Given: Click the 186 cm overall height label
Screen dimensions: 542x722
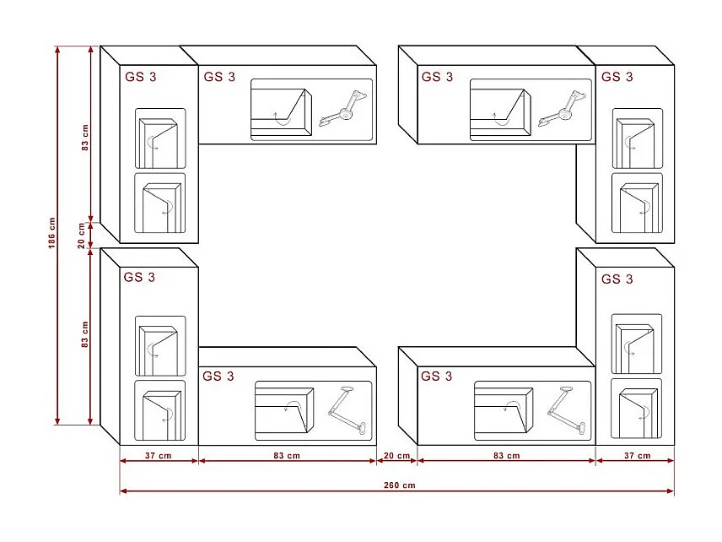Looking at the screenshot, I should (51, 234).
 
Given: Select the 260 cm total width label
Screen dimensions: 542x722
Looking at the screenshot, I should (399, 485).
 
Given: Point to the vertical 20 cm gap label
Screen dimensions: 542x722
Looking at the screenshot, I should (83, 235).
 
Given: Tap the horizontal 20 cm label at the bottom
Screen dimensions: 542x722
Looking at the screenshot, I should (397, 456).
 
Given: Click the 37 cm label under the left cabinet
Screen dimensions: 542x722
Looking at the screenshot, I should (158, 456).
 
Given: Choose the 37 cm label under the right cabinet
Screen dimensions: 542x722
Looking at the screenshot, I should (637, 456).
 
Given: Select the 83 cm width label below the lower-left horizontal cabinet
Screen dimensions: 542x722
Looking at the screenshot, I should (287, 456).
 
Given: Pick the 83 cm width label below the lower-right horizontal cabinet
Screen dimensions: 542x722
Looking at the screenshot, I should (506, 456).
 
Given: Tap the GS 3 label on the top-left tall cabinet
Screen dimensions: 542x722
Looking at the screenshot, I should (140, 76).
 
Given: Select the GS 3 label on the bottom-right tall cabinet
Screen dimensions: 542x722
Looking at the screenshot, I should (617, 279).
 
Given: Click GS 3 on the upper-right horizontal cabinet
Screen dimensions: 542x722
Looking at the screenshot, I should (437, 77).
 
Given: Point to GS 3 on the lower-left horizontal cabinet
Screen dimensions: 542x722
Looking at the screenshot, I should (218, 377).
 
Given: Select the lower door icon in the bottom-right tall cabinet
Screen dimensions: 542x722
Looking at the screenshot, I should (637, 409).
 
